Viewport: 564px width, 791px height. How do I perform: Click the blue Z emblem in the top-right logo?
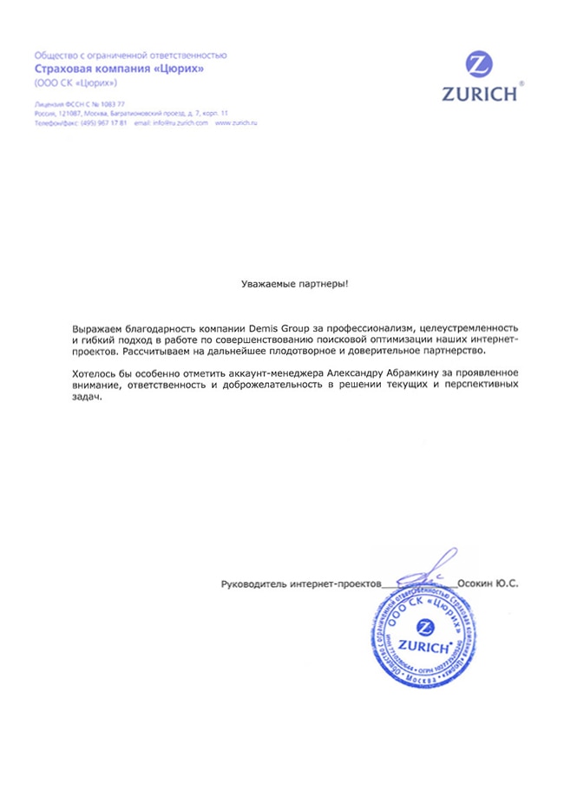tap(479, 66)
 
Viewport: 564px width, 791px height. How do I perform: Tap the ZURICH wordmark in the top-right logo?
tap(479, 93)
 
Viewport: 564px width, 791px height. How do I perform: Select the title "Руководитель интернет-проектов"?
tap(301, 585)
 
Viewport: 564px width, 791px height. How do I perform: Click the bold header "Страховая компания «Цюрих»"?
tap(120, 69)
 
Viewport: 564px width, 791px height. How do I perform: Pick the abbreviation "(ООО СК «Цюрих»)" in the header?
tap(75, 83)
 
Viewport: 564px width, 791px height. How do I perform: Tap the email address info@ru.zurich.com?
tap(183, 124)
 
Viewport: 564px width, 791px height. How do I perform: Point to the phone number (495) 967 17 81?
tap(104, 124)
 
